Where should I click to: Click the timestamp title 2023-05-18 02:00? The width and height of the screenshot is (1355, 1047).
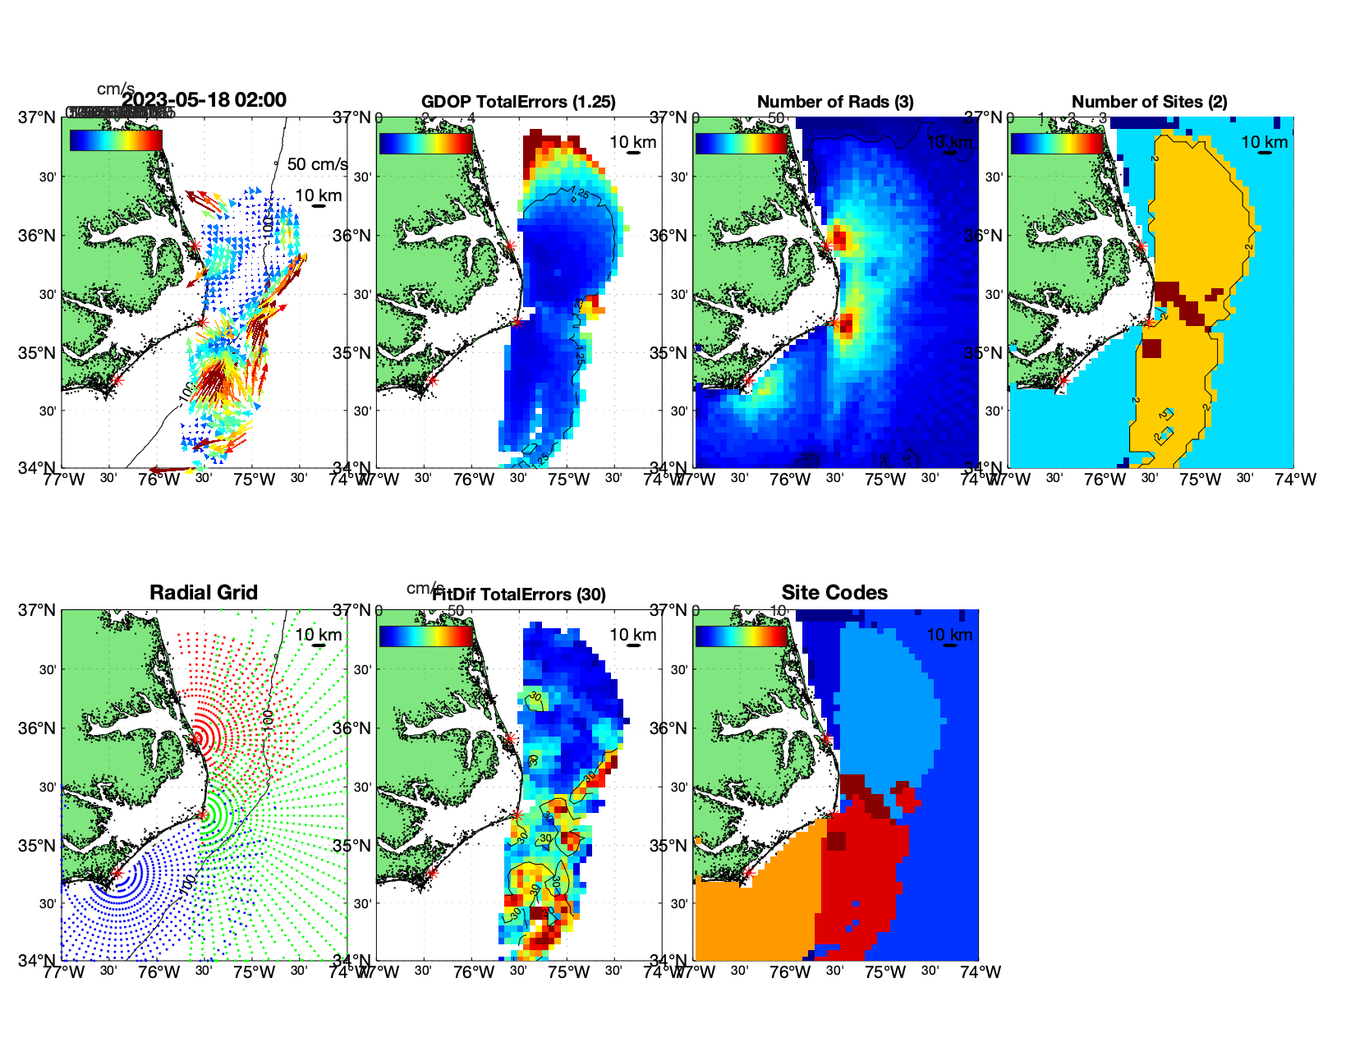pos(204,100)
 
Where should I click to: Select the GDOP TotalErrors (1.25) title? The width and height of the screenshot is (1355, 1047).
pos(518,102)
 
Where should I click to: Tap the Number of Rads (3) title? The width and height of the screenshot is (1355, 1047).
pos(835,102)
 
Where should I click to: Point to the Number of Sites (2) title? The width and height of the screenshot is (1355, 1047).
pos(1150,102)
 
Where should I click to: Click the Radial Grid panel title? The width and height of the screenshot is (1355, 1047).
pos(204,593)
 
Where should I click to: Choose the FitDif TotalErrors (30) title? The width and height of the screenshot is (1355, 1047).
pos(519,595)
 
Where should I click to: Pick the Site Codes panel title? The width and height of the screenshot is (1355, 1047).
pos(834,593)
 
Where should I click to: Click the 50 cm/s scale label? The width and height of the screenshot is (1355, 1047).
pos(317,164)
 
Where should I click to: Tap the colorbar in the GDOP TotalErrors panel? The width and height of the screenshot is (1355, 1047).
pos(426,143)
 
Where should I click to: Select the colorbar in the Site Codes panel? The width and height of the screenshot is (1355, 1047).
pos(742,636)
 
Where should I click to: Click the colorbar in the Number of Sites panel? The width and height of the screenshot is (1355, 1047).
pos(1057,143)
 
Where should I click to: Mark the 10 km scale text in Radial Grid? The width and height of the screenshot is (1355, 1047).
pos(319,635)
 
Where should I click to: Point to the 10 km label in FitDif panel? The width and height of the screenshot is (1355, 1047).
pos(633,635)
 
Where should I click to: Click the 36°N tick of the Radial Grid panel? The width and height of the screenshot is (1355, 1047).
pos(38,728)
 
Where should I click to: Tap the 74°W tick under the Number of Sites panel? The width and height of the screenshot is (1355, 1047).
pos(1295,479)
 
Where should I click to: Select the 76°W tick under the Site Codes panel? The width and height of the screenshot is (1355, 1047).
pos(790,972)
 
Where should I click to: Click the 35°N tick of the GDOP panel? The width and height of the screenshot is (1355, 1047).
pos(353,353)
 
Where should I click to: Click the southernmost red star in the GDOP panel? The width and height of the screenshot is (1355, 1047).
pos(433,380)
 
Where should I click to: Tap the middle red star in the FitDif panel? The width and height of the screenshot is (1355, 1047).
pos(517,815)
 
